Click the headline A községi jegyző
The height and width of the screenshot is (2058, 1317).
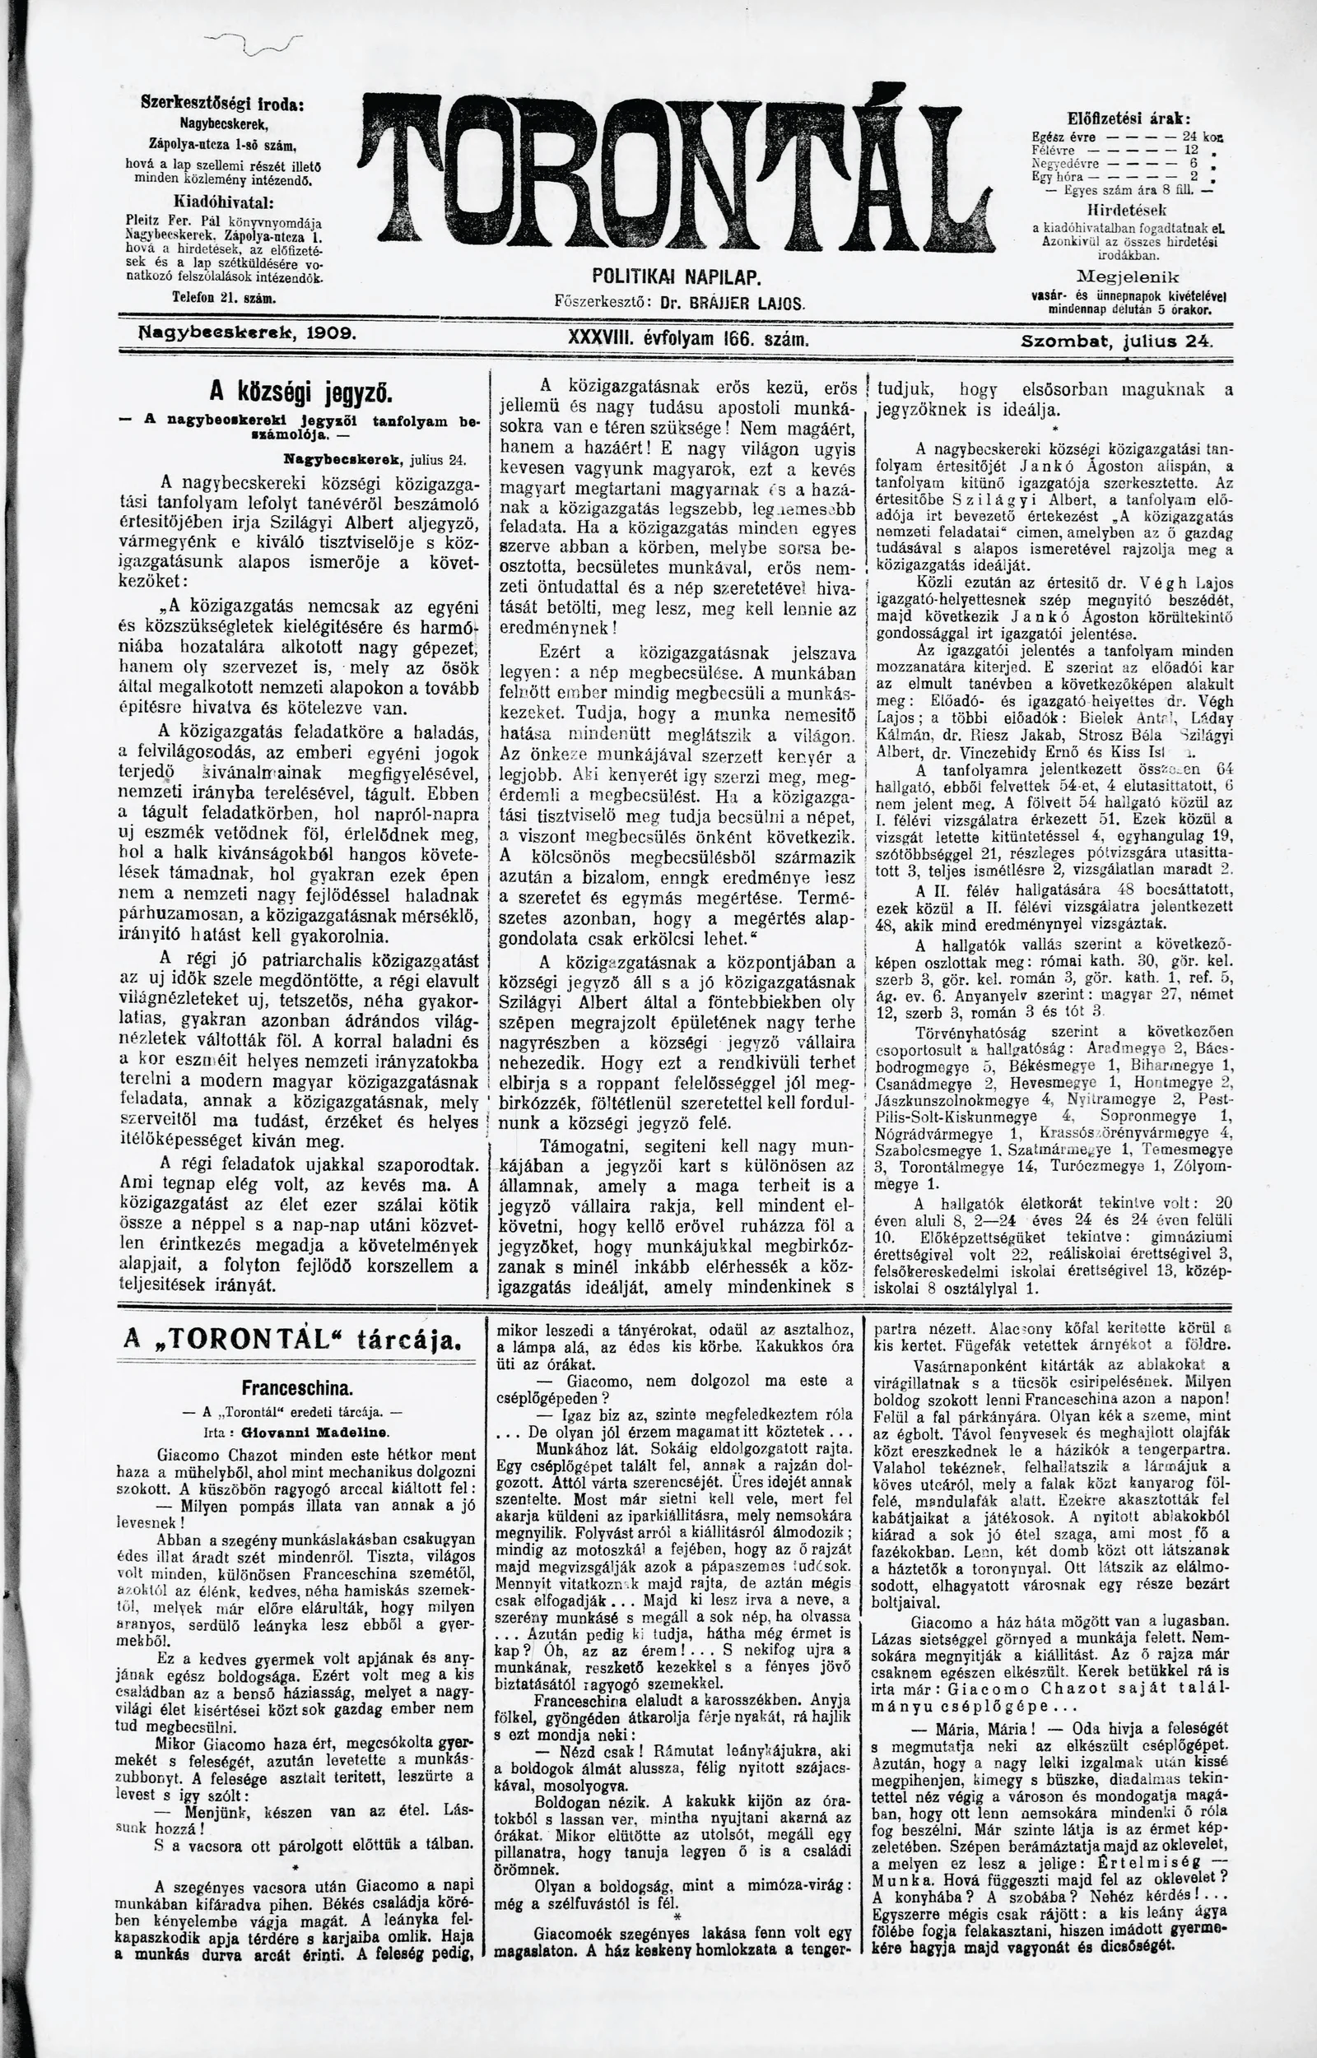point(301,395)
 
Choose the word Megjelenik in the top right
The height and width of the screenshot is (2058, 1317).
point(1129,277)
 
